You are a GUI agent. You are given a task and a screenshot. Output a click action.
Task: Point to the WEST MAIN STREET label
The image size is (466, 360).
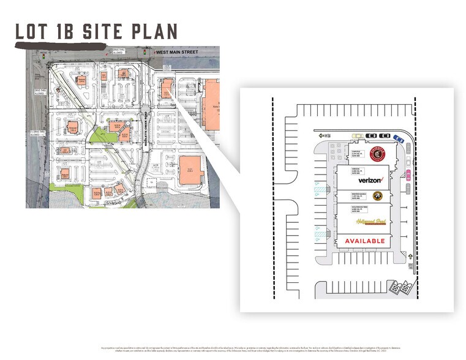coord(178,53)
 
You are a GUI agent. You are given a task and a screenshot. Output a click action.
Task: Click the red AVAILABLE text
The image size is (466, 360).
coord(365,241)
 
